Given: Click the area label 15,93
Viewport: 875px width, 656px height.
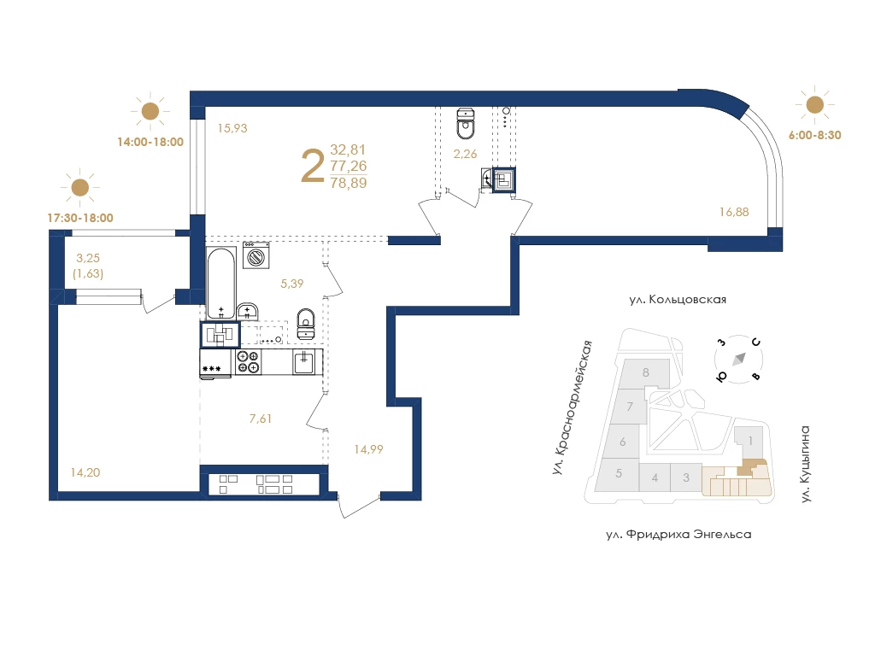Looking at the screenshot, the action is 232,128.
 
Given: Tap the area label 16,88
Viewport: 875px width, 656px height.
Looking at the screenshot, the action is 734,212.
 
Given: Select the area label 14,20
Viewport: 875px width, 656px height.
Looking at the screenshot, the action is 85,472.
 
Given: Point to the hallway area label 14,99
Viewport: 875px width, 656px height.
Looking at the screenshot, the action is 368,449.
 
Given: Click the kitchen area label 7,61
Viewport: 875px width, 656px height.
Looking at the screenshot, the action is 261,419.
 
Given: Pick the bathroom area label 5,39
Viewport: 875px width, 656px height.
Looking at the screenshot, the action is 292,284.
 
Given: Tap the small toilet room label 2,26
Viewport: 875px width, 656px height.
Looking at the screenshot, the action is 465,154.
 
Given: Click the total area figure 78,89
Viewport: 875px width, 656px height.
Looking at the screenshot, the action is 349,183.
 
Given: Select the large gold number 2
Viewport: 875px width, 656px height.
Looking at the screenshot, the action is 313,167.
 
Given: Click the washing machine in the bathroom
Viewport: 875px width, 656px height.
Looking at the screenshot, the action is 256,255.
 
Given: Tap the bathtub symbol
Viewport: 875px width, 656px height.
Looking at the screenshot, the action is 221,284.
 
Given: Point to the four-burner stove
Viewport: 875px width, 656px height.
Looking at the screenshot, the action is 248,362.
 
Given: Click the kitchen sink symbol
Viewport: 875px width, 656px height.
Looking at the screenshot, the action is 303,362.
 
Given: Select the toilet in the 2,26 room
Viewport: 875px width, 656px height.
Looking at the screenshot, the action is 466,123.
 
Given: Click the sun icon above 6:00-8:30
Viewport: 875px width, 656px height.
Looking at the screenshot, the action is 814,104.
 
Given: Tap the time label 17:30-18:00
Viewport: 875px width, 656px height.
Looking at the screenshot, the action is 80,218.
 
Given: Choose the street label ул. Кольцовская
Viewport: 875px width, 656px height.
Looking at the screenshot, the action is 678,300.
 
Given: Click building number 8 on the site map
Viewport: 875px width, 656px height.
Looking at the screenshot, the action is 646,372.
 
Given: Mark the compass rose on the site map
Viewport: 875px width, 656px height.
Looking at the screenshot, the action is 739,360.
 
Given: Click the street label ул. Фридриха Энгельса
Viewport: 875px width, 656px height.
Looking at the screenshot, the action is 678,535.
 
